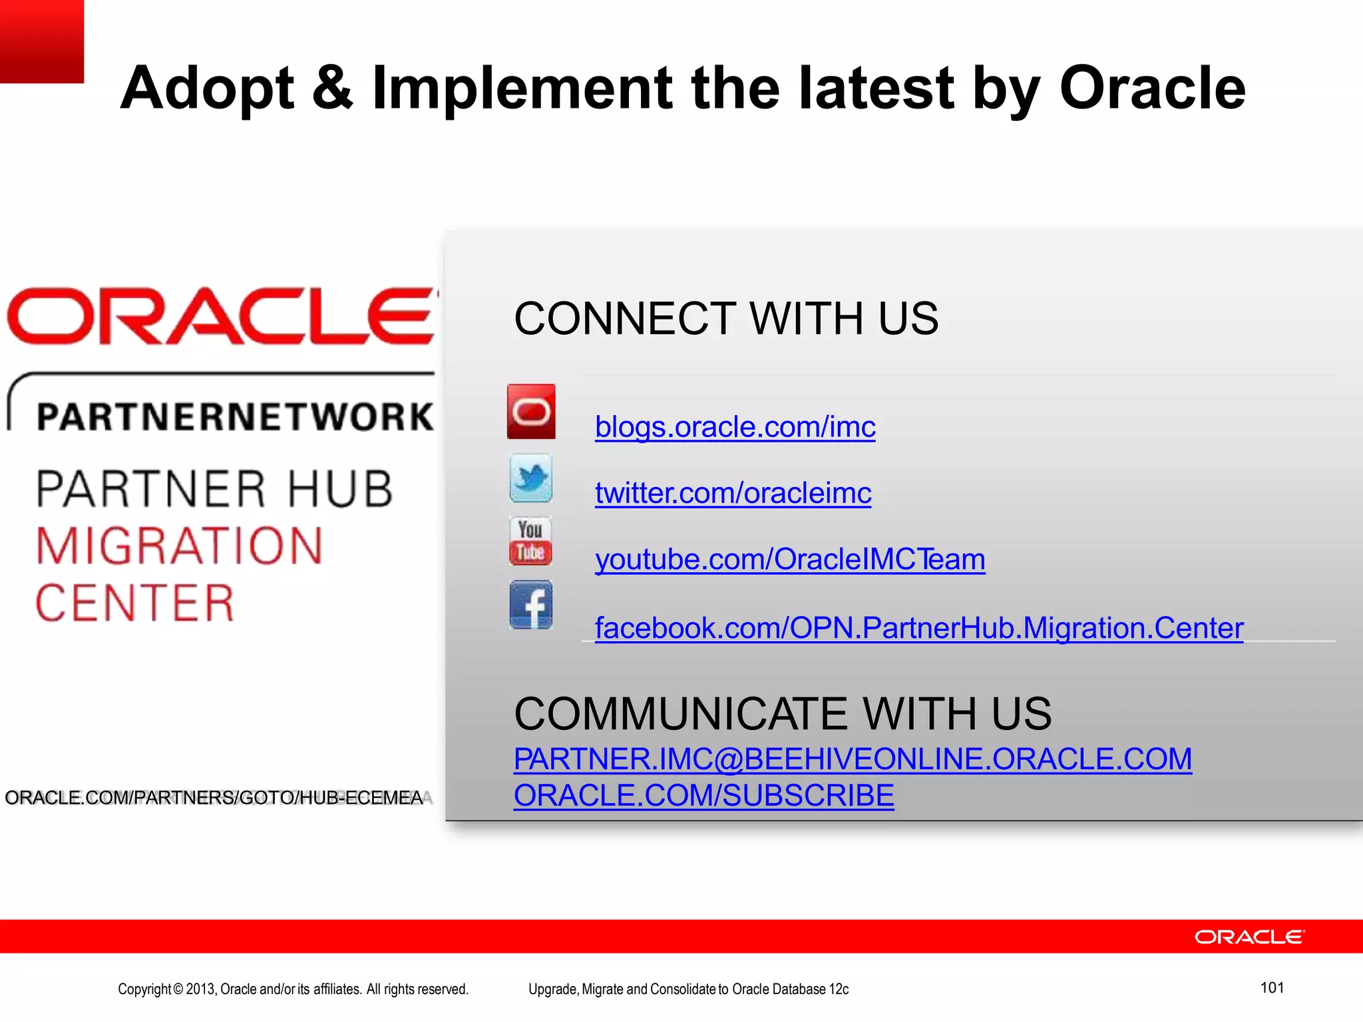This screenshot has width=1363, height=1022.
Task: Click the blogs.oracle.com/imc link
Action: click(735, 427)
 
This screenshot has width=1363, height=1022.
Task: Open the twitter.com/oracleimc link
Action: click(733, 493)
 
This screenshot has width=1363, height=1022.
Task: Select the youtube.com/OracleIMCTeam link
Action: click(789, 560)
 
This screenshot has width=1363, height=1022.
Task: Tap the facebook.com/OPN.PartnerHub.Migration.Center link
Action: click(918, 628)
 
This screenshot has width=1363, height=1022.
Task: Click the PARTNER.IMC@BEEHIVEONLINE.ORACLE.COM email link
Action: click(853, 759)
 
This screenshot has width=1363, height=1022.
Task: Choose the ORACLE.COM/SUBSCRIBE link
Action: click(703, 796)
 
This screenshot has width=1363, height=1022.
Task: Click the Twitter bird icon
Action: click(530, 478)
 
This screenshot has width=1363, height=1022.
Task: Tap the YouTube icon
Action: click(530, 541)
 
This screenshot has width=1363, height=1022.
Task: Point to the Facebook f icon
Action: click(530, 605)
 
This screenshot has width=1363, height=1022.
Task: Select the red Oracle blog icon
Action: click(530, 411)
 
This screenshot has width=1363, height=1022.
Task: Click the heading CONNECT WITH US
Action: click(725, 319)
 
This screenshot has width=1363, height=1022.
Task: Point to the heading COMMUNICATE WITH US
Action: click(782, 714)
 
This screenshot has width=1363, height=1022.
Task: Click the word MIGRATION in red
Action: click(179, 546)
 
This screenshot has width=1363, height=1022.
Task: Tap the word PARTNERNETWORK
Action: click(234, 417)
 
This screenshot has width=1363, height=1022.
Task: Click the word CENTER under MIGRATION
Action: click(135, 603)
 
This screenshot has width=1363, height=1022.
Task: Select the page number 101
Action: click(1272, 987)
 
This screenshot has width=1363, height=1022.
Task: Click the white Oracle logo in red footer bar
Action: click(1249, 937)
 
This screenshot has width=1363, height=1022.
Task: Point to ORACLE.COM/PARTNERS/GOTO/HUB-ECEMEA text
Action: click(214, 798)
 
